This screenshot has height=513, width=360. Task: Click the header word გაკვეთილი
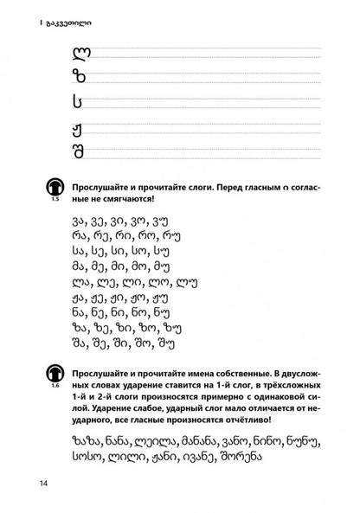point(41,12)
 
